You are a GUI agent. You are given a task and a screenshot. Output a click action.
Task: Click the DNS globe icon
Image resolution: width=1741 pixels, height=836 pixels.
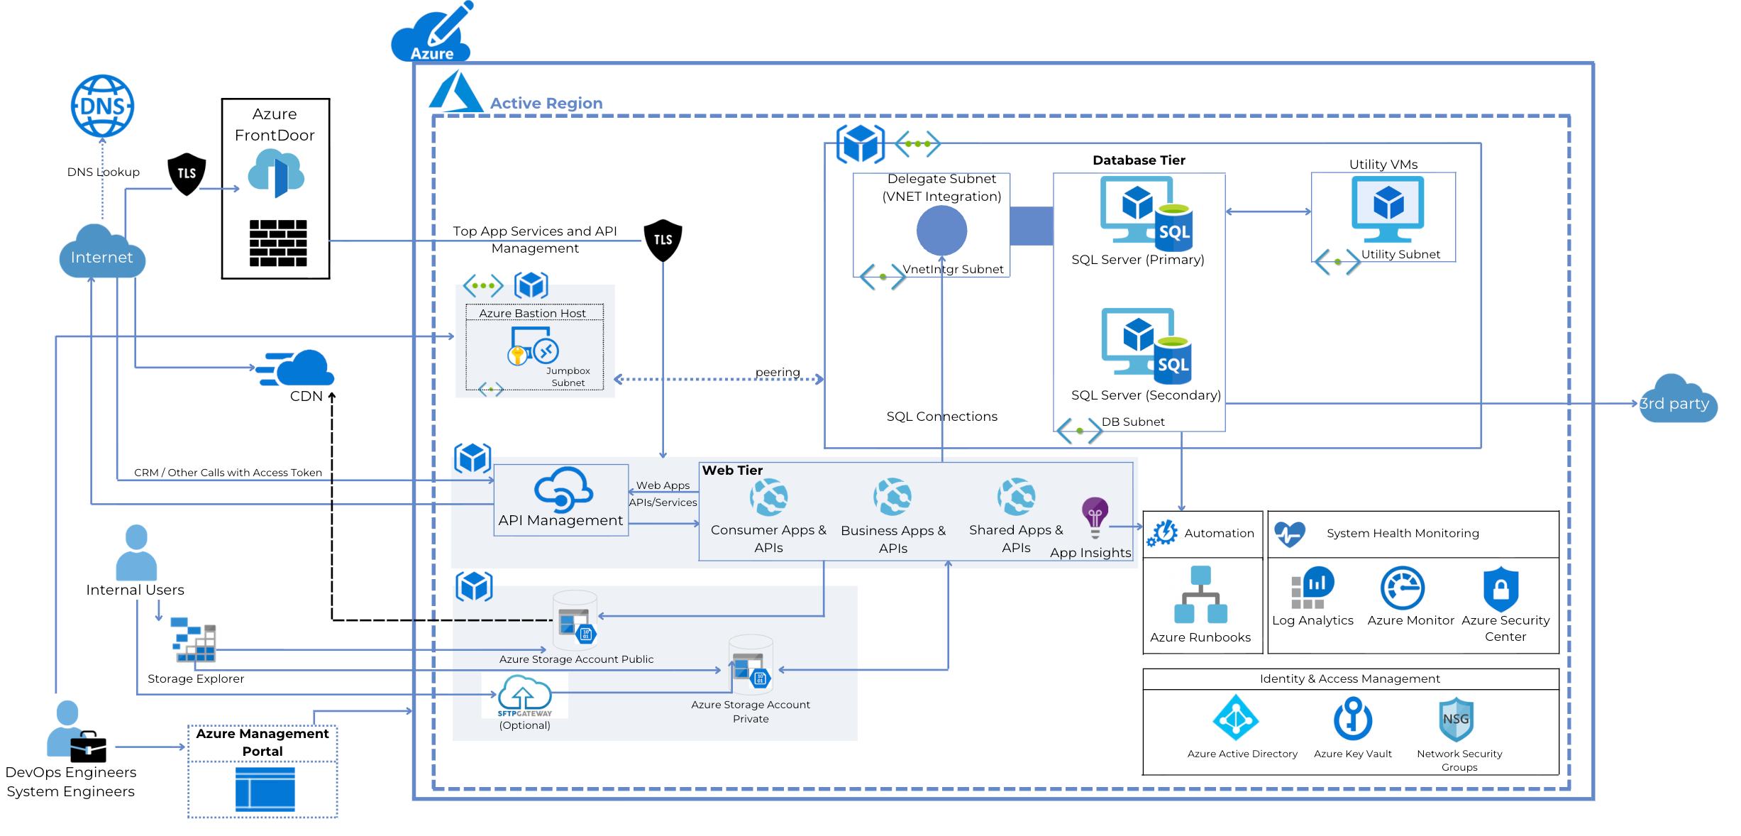[103, 106]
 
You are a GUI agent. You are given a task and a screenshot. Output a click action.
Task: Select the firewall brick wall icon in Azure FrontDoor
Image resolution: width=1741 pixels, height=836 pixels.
[278, 243]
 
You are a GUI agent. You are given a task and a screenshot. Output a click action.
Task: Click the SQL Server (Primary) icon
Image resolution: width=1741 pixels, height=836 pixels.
[1146, 211]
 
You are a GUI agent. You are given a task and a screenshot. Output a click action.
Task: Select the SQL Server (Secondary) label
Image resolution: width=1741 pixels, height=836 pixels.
[1145, 395]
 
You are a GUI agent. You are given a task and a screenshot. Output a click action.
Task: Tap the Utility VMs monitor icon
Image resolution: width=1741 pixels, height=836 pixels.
[1387, 208]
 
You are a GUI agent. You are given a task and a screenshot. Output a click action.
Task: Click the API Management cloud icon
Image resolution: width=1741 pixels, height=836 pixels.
[563, 489]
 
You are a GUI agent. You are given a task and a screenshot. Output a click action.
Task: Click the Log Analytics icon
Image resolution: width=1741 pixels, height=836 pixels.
[1312, 588]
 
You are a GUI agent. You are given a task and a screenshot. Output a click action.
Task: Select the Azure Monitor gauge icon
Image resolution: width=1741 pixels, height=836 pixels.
[1402, 588]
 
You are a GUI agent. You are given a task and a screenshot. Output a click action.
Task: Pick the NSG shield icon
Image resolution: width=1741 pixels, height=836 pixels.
[1456, 719]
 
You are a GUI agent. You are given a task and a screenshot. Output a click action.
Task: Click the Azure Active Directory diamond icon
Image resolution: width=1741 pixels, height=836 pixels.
[1236, 718]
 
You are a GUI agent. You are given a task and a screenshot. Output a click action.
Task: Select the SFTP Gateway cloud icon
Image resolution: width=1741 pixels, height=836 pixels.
[524, 695]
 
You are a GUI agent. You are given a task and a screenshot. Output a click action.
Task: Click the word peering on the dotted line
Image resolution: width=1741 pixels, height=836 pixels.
[777, 372]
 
